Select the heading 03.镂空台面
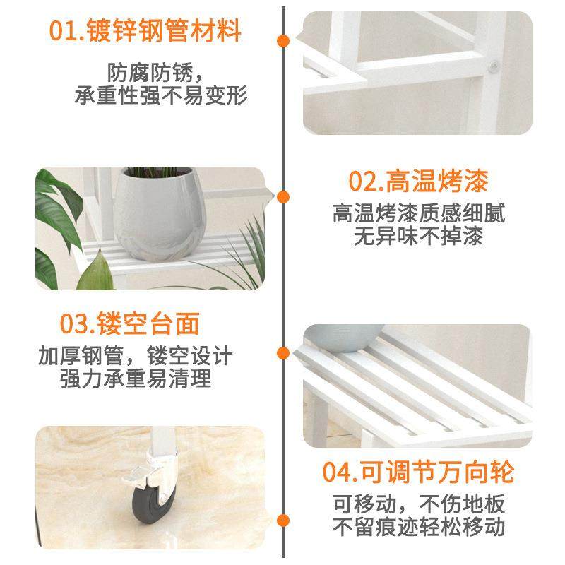pyautogui.click(x=129, y=323)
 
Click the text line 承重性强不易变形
pyautogui.click(x=162, y=95)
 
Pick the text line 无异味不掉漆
pyautogui.click(x=418, y=237)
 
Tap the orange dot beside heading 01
pyautogui.click(x=283, y=40)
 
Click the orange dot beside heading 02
pyautogui.click(x=283, y=197)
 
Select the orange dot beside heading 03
pyautogui.click(x=283, y=353)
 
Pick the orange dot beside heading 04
pyautogui.click(x=283, y=521)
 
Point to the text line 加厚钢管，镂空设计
pyautogui.click(x=135, y=355)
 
